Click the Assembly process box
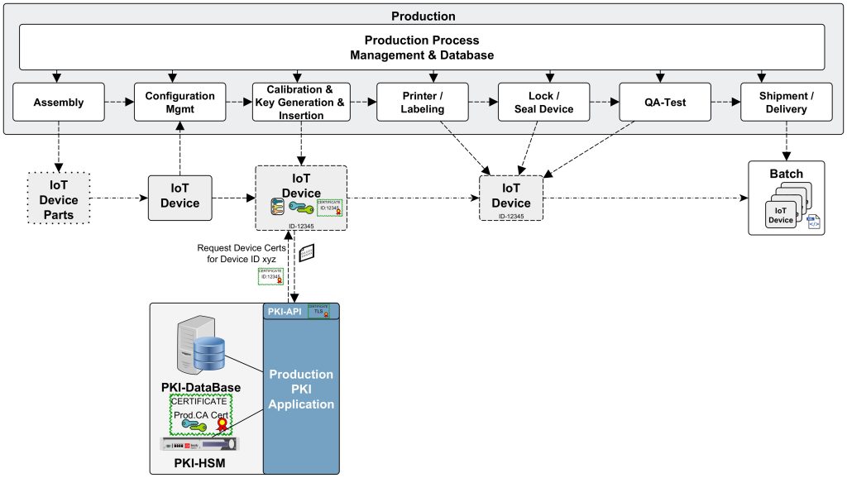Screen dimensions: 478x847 60,103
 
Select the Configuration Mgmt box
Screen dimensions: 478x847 180,103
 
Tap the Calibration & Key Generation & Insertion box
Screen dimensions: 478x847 301,103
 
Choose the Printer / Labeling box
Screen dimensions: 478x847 422,103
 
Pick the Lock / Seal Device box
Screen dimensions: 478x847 544,103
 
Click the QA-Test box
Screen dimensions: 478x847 665,103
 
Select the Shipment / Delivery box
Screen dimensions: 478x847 786,103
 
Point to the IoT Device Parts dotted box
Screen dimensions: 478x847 60,200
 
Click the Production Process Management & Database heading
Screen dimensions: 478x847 422,47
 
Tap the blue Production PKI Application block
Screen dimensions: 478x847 301,389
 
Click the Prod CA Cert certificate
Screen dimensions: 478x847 201,413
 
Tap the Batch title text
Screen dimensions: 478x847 786,174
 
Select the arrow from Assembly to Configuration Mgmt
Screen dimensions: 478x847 120,103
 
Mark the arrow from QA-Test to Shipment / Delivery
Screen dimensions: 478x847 725,103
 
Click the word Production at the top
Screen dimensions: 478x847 422,16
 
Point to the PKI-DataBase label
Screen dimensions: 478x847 202,387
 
